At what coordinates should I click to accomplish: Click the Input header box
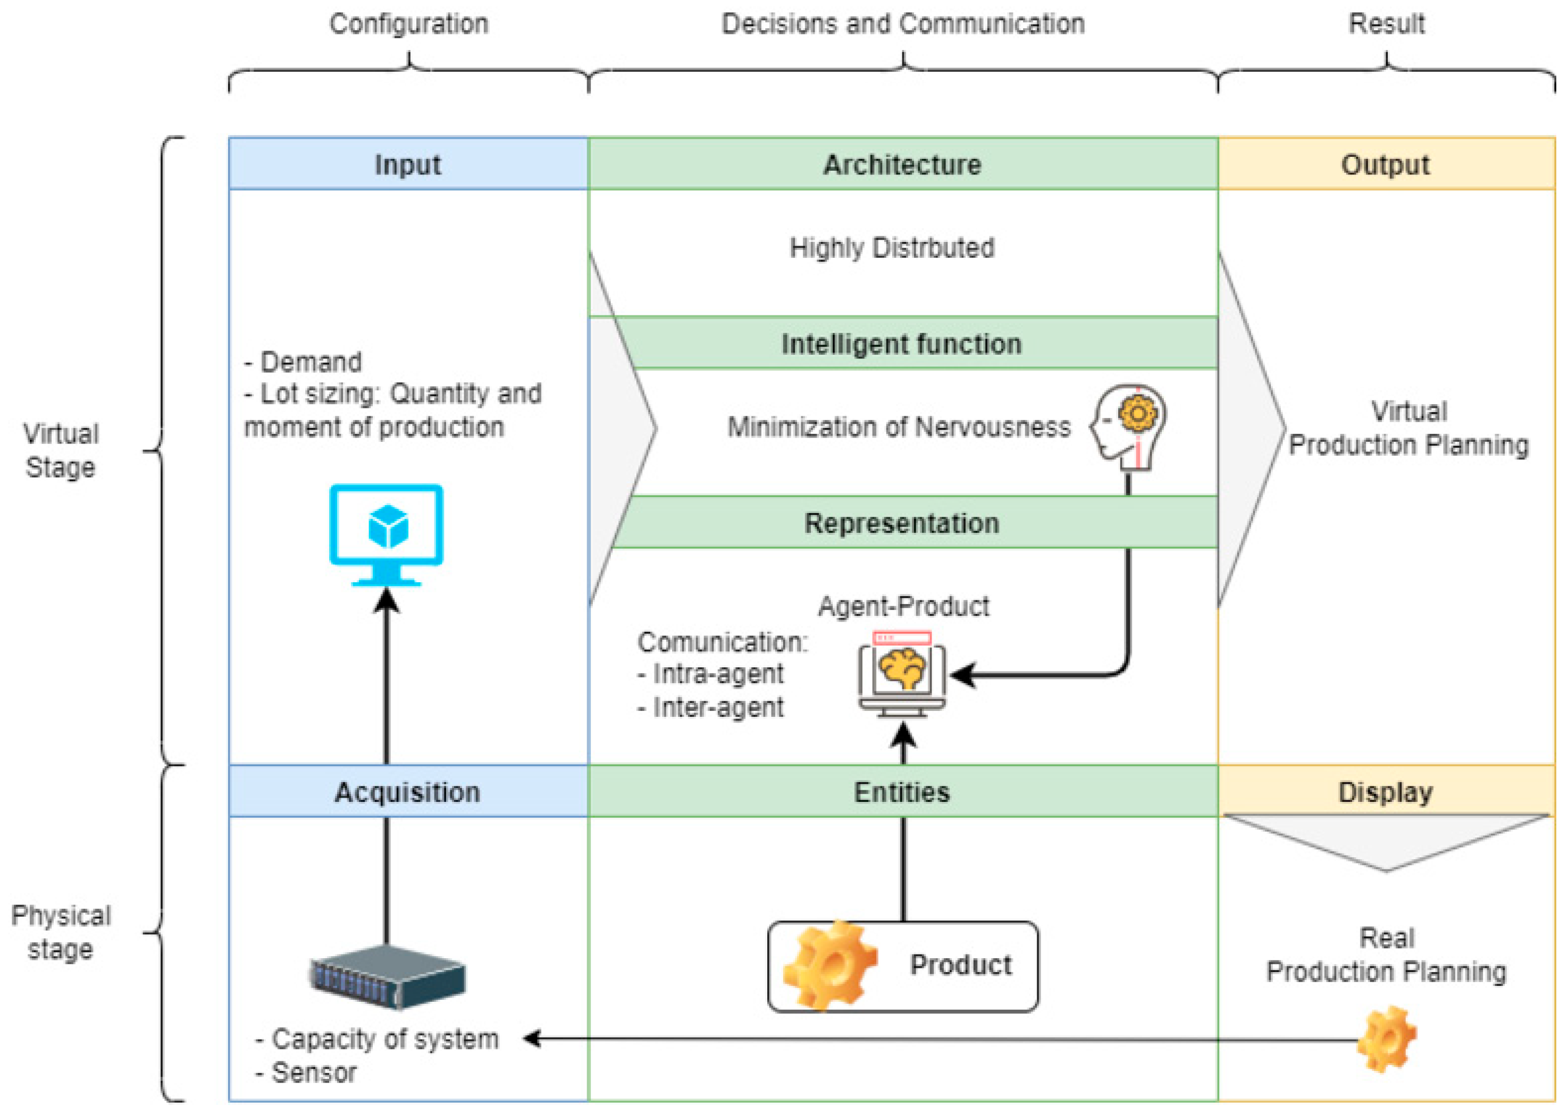pos(408,165)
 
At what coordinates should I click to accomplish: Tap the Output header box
pos(1386,165)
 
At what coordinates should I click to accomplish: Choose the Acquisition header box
pos(408,792)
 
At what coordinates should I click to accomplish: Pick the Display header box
pos(1386,792)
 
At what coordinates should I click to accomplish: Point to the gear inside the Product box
pos(832,966)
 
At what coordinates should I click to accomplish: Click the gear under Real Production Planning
pos(1387,1038)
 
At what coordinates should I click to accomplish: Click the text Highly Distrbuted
pos(892,248)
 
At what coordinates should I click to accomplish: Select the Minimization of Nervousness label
pos(899,428)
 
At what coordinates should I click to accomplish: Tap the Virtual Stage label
pos(61,451)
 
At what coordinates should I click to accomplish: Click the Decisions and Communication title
pos(903,24)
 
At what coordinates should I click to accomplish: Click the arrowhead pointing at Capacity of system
pos(532,1038)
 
